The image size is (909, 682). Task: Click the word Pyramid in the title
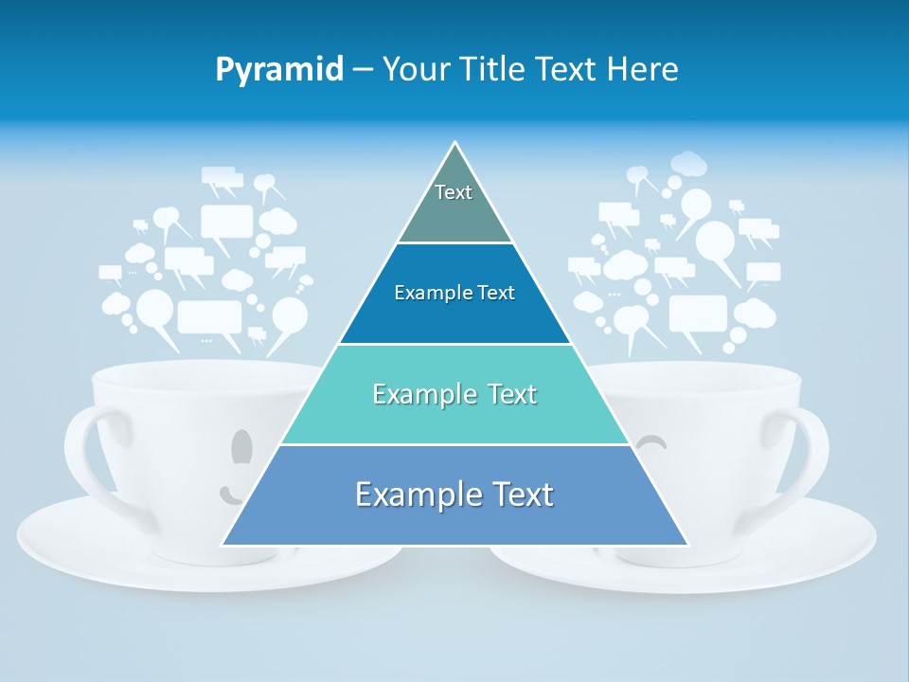278,70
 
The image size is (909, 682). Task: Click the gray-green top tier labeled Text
454,204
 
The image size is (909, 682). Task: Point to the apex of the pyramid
455,144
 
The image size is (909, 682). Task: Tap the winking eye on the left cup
242,445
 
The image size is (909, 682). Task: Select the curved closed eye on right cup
651,440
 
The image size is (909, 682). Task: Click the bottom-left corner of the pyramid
223,545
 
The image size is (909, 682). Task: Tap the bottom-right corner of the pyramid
686,545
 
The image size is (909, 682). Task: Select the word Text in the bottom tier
517,494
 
